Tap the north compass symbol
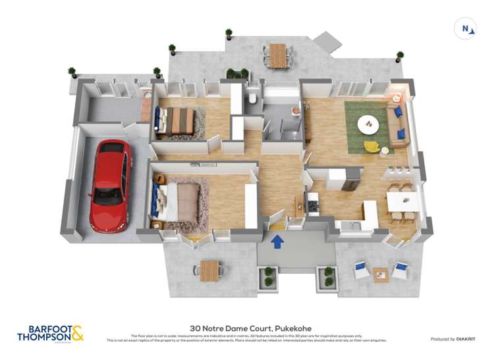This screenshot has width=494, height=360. point(466,28)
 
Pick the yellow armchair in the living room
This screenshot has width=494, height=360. point(372,146)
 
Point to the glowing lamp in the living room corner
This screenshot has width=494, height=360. point(397,97)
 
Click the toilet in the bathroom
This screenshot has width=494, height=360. point(252,100)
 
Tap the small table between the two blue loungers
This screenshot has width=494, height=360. point(381,273)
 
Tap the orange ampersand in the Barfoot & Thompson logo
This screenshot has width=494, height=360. point(78,332)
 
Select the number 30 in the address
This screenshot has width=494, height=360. point(195,328)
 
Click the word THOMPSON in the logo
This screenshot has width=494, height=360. point(42,337)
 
